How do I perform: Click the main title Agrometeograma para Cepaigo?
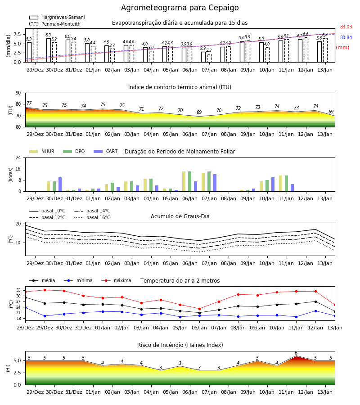tap(180, 8)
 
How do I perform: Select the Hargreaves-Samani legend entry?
tap(57, 17)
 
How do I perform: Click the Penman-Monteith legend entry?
tap(55, 24)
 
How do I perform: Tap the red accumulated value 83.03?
tap(346, 27)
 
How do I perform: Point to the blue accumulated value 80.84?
tap(346, 37)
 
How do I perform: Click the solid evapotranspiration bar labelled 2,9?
tap(203, 57)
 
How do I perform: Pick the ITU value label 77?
tap(29, 103)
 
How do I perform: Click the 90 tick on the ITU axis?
tap(18, 93)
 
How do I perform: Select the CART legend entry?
tap(106, 151)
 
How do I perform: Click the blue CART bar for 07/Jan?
tap(215, 183)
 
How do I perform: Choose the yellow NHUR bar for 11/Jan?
tap(281, 184)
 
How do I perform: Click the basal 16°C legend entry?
tap(92, 217)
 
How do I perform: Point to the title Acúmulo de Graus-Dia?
tap(180, 216)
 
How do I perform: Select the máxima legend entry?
tap(117, 280)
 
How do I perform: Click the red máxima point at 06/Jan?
tap(200, 309)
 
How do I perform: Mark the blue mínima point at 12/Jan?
tap(315, 311)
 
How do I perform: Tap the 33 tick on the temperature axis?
tap(18, 290)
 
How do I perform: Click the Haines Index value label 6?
tap(296, 353)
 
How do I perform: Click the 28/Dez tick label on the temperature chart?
tap(25, 328)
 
